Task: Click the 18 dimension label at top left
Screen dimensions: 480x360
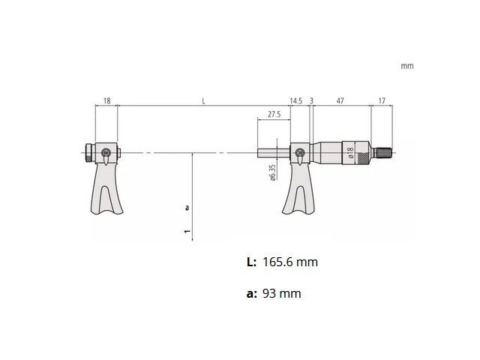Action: tap(106, 100)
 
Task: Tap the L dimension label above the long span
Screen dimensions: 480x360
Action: tap(203, 100)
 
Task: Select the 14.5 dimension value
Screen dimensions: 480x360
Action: tap(296, 100)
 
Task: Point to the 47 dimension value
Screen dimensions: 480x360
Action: tap(340, 100)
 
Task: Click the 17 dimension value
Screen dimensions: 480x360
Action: tap(382, 100)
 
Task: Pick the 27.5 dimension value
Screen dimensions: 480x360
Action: tap(274, 115)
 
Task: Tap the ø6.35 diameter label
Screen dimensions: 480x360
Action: tap(273, 172)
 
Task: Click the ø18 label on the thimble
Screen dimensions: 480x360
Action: tap(351, 152)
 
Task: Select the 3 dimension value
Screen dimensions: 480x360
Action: tap(312, 100)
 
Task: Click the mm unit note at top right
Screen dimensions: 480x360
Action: tap(407, 66)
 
